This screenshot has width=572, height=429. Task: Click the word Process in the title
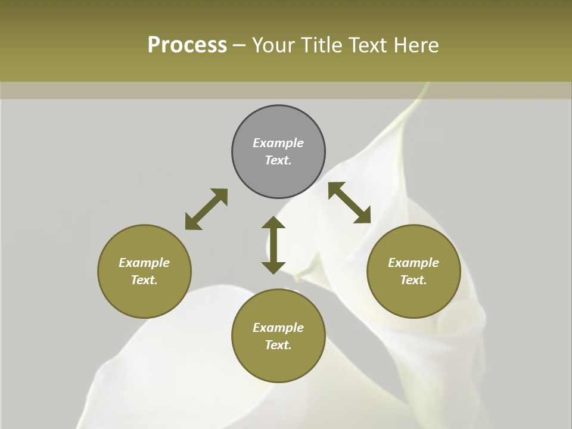click(x=187, y=45)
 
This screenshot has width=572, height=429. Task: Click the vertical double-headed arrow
click(x=273, y=245)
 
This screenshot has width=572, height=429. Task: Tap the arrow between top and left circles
click(x=206, y=209)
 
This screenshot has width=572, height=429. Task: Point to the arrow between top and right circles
click(x=350, y=203)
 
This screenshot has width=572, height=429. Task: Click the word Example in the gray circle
click(x=278, y=143)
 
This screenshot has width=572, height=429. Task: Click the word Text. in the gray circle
click(x=278, y=160)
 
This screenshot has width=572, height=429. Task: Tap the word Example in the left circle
click(x=144, y=263)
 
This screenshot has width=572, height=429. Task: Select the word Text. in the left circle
click(x=144, y=280)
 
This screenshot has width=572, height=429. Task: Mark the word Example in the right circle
click(x=414, y=263)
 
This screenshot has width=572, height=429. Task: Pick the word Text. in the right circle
click(x=414, y=280)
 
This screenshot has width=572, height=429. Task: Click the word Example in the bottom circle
click(x=278, y=328)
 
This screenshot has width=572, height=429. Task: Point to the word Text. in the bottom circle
click(x=278, y=345)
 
